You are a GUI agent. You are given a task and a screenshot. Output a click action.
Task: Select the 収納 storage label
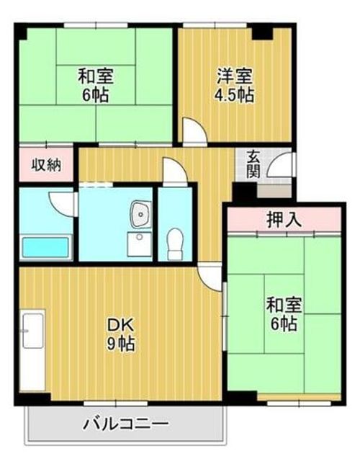pyautogui.click(x=45, y=165)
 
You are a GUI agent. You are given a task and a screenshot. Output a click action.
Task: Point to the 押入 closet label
pyautogui.click(x=283, y=219)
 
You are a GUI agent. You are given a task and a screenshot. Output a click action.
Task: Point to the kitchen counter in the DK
pyautogui.click(x=32, y=350)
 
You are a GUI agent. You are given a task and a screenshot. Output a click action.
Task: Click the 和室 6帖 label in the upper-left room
pyautogui.click(x=96, y=84)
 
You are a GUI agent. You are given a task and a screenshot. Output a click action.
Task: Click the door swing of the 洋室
pyautogui.click(x=192, y=133)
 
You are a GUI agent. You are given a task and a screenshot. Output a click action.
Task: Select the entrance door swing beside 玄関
pyautogui.click(x=277, y=169)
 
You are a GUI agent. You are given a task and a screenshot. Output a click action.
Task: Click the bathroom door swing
pyautogui.click(x=66, y=202)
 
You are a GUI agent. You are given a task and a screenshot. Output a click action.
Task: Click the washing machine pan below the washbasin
pyautogui.click(x=137, y=242)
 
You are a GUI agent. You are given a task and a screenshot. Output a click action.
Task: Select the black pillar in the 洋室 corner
pyautogui.click(x=264, y=32)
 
